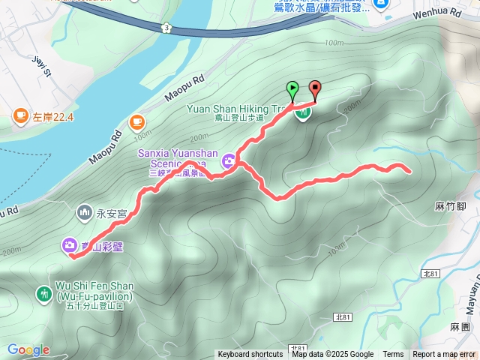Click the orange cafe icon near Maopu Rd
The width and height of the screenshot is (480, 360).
tap(136, 121)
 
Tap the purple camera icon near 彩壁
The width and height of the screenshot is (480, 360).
tap(68, 244)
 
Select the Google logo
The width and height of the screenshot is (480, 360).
tap(28, 350)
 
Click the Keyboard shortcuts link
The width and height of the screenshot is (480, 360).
tap(250, 355)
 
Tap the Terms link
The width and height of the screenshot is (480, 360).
tap(393, 355)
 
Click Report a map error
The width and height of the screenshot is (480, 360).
tap(445, 355)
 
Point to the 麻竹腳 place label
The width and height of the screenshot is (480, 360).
tap(450, 205)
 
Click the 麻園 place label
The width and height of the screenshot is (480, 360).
tap(459, 328)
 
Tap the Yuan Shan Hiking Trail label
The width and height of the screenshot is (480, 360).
tap(232, 107)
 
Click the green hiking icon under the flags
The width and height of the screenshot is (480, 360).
tap(303, 113)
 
